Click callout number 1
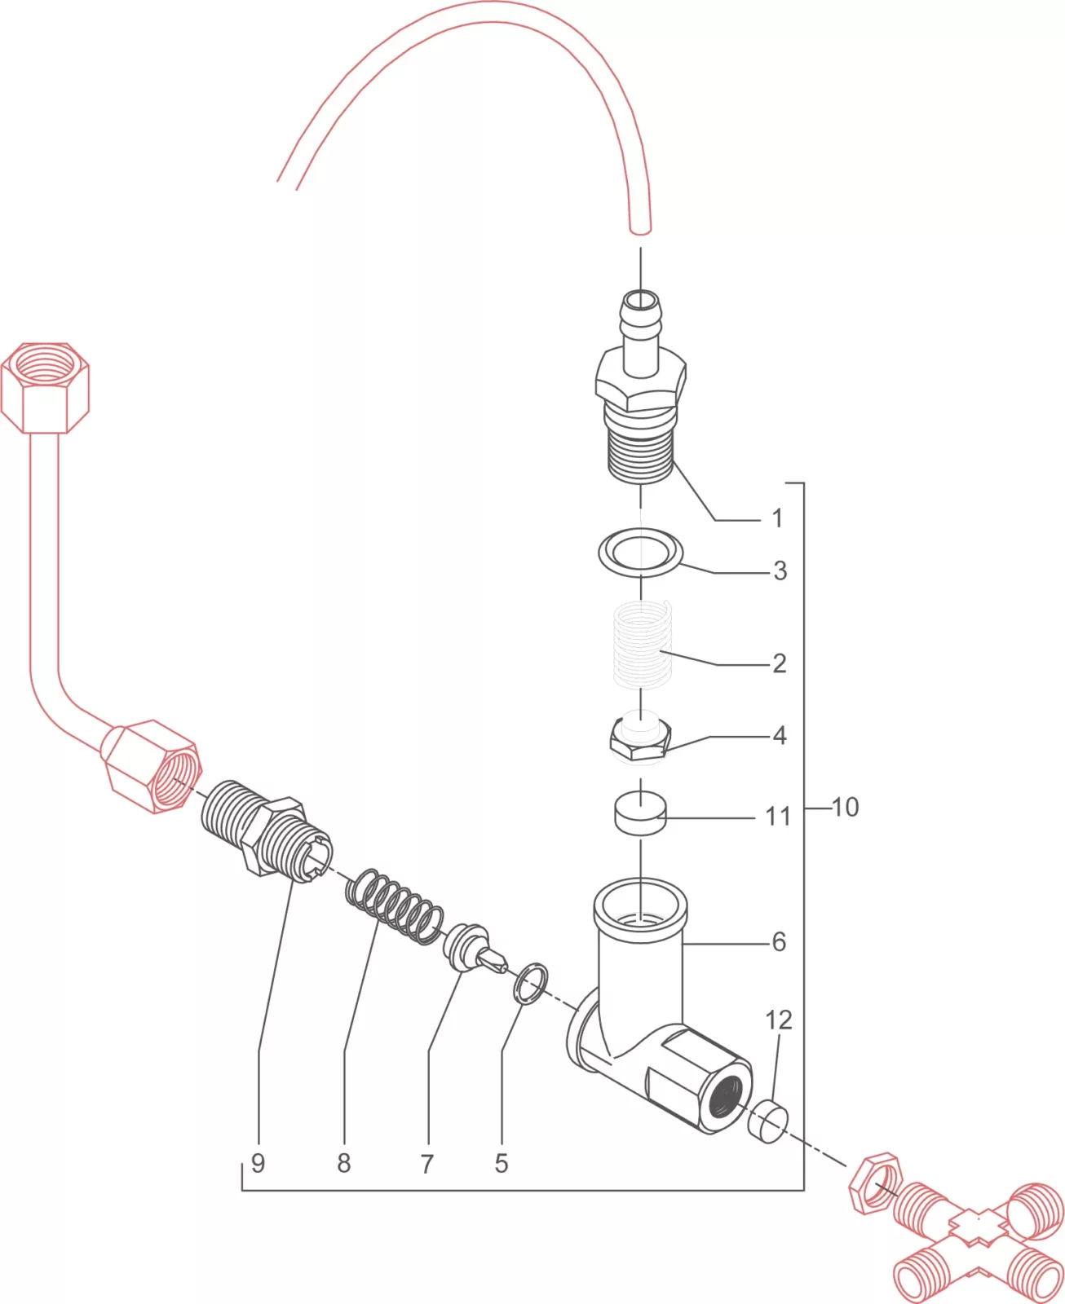pyautogui.click(x=777, y=518)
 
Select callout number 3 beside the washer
pyautogui.click(x=780, y=570)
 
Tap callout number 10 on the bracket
pyautogui.click(x=845, y=808)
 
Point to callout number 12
pyautogui.click(x=778, y=1020)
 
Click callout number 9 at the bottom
pyautogui.click(x=259, y=1163)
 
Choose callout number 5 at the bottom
pyautogui.click(x=502, y=1163)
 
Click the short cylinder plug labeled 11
pyautogui.click(x=640, y=815)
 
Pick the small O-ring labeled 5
pyautogui.click(x=531, y=984)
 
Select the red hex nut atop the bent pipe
pyautogui.click(x=45, y=387)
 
